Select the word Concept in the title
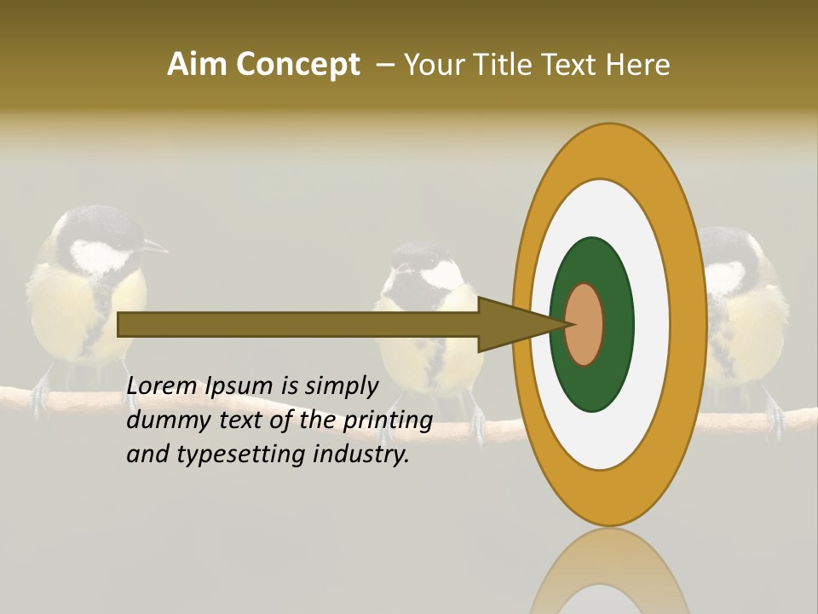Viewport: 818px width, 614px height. (x=297, y=65)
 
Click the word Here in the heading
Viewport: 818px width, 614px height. (x=638, y=65)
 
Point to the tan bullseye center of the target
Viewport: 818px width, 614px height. (x=585, y=325)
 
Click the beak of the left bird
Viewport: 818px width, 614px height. (x=156, y=247)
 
